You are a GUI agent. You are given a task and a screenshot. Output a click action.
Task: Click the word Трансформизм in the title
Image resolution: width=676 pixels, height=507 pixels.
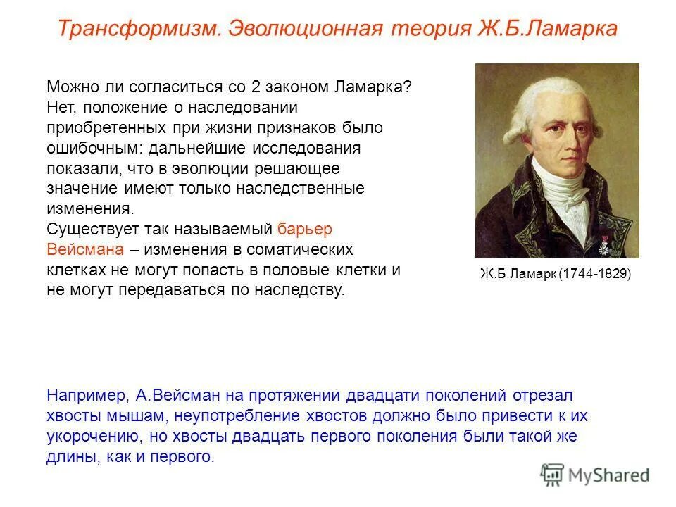point(138,29)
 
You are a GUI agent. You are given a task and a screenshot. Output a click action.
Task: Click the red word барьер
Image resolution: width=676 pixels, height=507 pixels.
point(304,230)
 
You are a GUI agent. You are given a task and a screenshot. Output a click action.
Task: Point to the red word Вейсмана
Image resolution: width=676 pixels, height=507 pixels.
point(87,250)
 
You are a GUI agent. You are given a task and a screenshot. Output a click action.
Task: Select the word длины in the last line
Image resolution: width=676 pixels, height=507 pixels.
point(66,457)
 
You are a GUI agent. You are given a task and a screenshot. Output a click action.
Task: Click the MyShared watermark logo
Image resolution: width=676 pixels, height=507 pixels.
point(595,475)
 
